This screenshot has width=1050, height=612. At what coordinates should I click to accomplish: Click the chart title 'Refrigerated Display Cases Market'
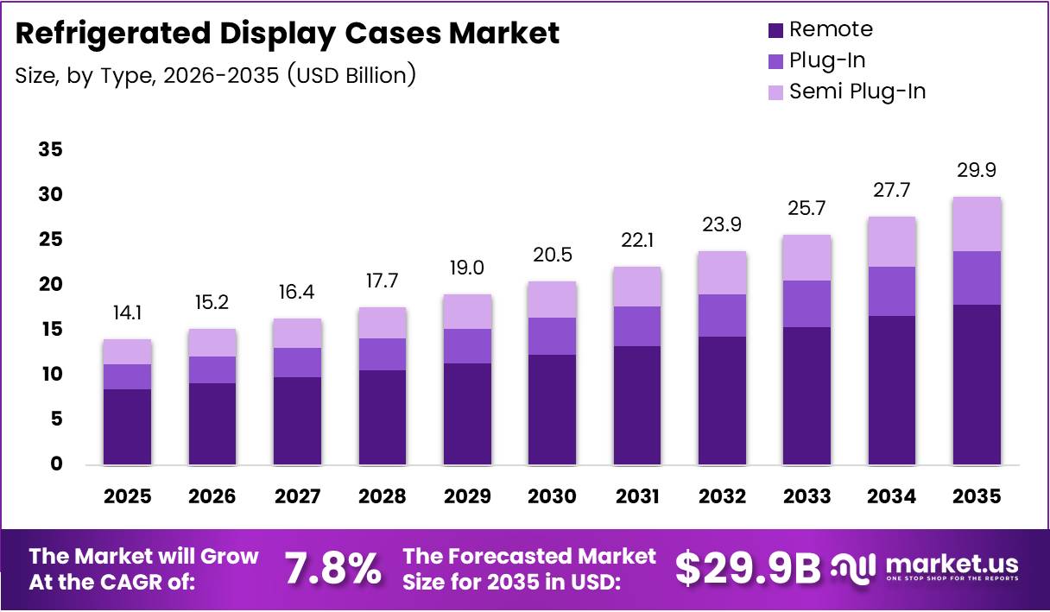click(288, 33)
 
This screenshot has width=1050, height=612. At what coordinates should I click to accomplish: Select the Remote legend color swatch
click(775, 30)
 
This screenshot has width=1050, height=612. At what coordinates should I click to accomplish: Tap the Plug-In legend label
click(827, 60)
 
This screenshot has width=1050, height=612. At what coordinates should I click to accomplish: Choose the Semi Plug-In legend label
click(857, 91)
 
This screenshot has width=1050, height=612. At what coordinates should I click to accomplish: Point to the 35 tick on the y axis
click(50, 150)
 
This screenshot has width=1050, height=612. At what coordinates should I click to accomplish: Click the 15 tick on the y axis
click(50, 330)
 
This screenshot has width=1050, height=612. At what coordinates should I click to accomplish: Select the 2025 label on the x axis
click(127, 496)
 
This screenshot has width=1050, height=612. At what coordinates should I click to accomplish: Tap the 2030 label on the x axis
click(552, 496)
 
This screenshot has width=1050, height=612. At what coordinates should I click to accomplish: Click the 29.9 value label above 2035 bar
click(977, 170)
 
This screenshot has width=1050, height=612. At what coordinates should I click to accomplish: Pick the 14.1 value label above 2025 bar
click(127, 312)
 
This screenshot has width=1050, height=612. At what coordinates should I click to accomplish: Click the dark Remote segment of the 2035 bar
click(977, 384)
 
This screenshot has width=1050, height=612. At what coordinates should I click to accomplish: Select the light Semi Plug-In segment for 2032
click(722, 273)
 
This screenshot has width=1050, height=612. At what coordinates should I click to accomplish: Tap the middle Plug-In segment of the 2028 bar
click(382, 354)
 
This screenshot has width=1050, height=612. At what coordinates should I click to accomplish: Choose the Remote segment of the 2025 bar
click(127, 426)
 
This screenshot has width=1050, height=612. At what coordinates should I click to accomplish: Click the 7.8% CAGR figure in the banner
click(332, 568)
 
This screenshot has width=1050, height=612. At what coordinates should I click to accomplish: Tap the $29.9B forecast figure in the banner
click(748, 568)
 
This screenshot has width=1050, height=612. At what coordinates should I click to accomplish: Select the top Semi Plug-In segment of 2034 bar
click(892, 242)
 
